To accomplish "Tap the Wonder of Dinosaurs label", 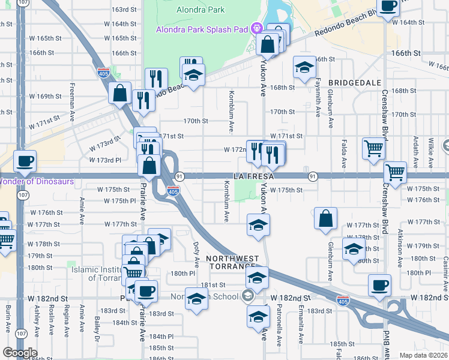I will click(36, 181).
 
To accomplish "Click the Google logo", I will click(20, 353).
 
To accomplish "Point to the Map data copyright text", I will click(424, 355).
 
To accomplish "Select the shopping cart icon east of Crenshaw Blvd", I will click(396, 173).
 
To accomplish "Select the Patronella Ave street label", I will click(279, 327).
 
